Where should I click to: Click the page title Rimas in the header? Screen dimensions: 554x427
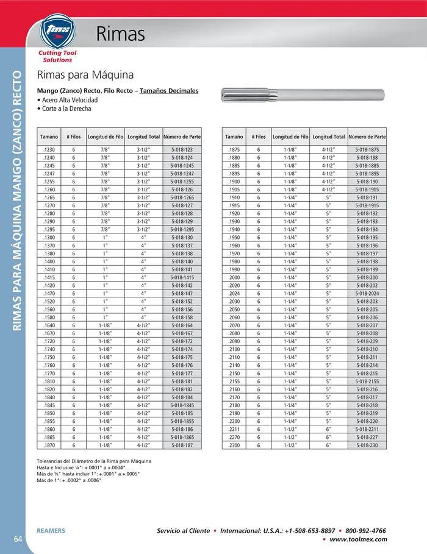121,35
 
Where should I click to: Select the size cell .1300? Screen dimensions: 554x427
49,237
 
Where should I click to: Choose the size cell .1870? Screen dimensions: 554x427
49,446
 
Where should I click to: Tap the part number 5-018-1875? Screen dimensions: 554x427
367,149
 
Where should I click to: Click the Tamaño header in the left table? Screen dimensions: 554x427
49,137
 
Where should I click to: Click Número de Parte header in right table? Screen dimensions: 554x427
367,137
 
